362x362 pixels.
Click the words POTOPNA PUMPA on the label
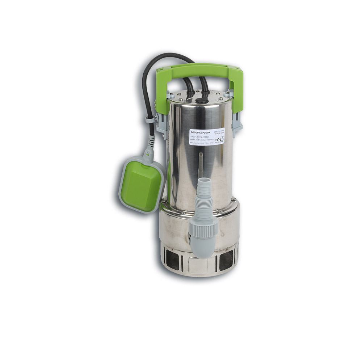200,133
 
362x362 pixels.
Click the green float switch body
141,185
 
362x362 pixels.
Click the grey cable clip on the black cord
149,119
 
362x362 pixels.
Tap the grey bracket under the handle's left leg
161,123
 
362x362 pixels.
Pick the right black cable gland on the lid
205,95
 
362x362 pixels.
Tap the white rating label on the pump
206,137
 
